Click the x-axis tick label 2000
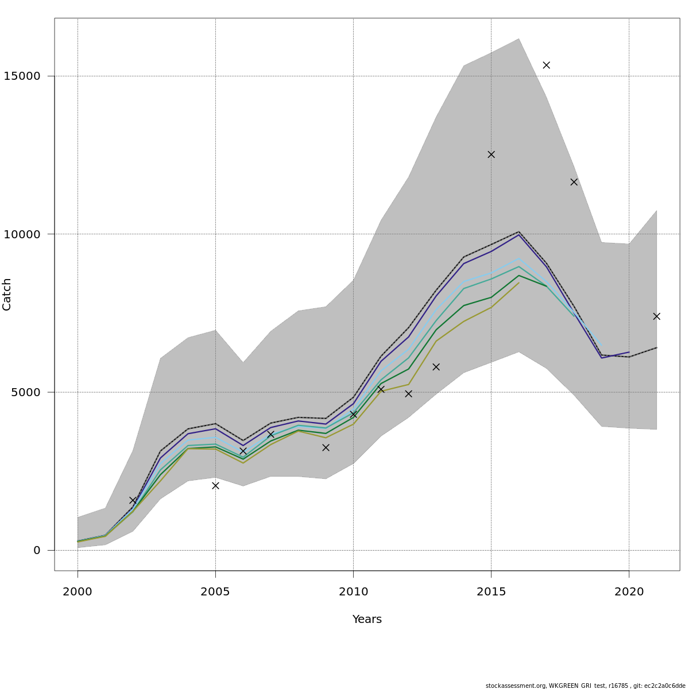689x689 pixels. (78, 592)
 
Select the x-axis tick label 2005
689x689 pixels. (215, 592)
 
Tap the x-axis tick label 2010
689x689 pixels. (353, 592)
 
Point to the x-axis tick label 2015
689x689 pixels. (491, 592)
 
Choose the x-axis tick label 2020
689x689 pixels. (629, 592)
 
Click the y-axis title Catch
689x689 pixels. (7, 295)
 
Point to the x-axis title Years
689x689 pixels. (367, 620)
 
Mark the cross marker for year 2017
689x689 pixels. (546, 65)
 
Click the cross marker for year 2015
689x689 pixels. (491, 154)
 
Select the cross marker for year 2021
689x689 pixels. (656, 316)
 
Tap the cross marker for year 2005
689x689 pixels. (215, 486)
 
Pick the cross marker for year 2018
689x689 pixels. (574, 182)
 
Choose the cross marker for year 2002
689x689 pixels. (133, 501)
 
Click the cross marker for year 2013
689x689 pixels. (436, 367)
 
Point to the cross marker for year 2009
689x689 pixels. (326, 447)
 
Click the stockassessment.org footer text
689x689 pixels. (585, 686)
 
